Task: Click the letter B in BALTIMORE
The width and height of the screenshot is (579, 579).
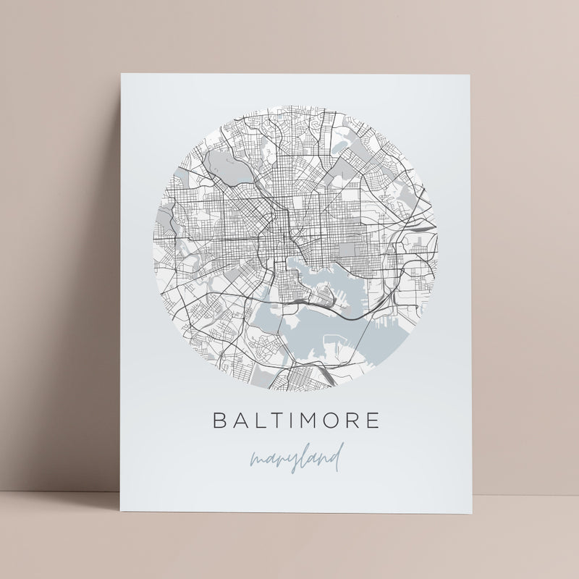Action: pos(216,420)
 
